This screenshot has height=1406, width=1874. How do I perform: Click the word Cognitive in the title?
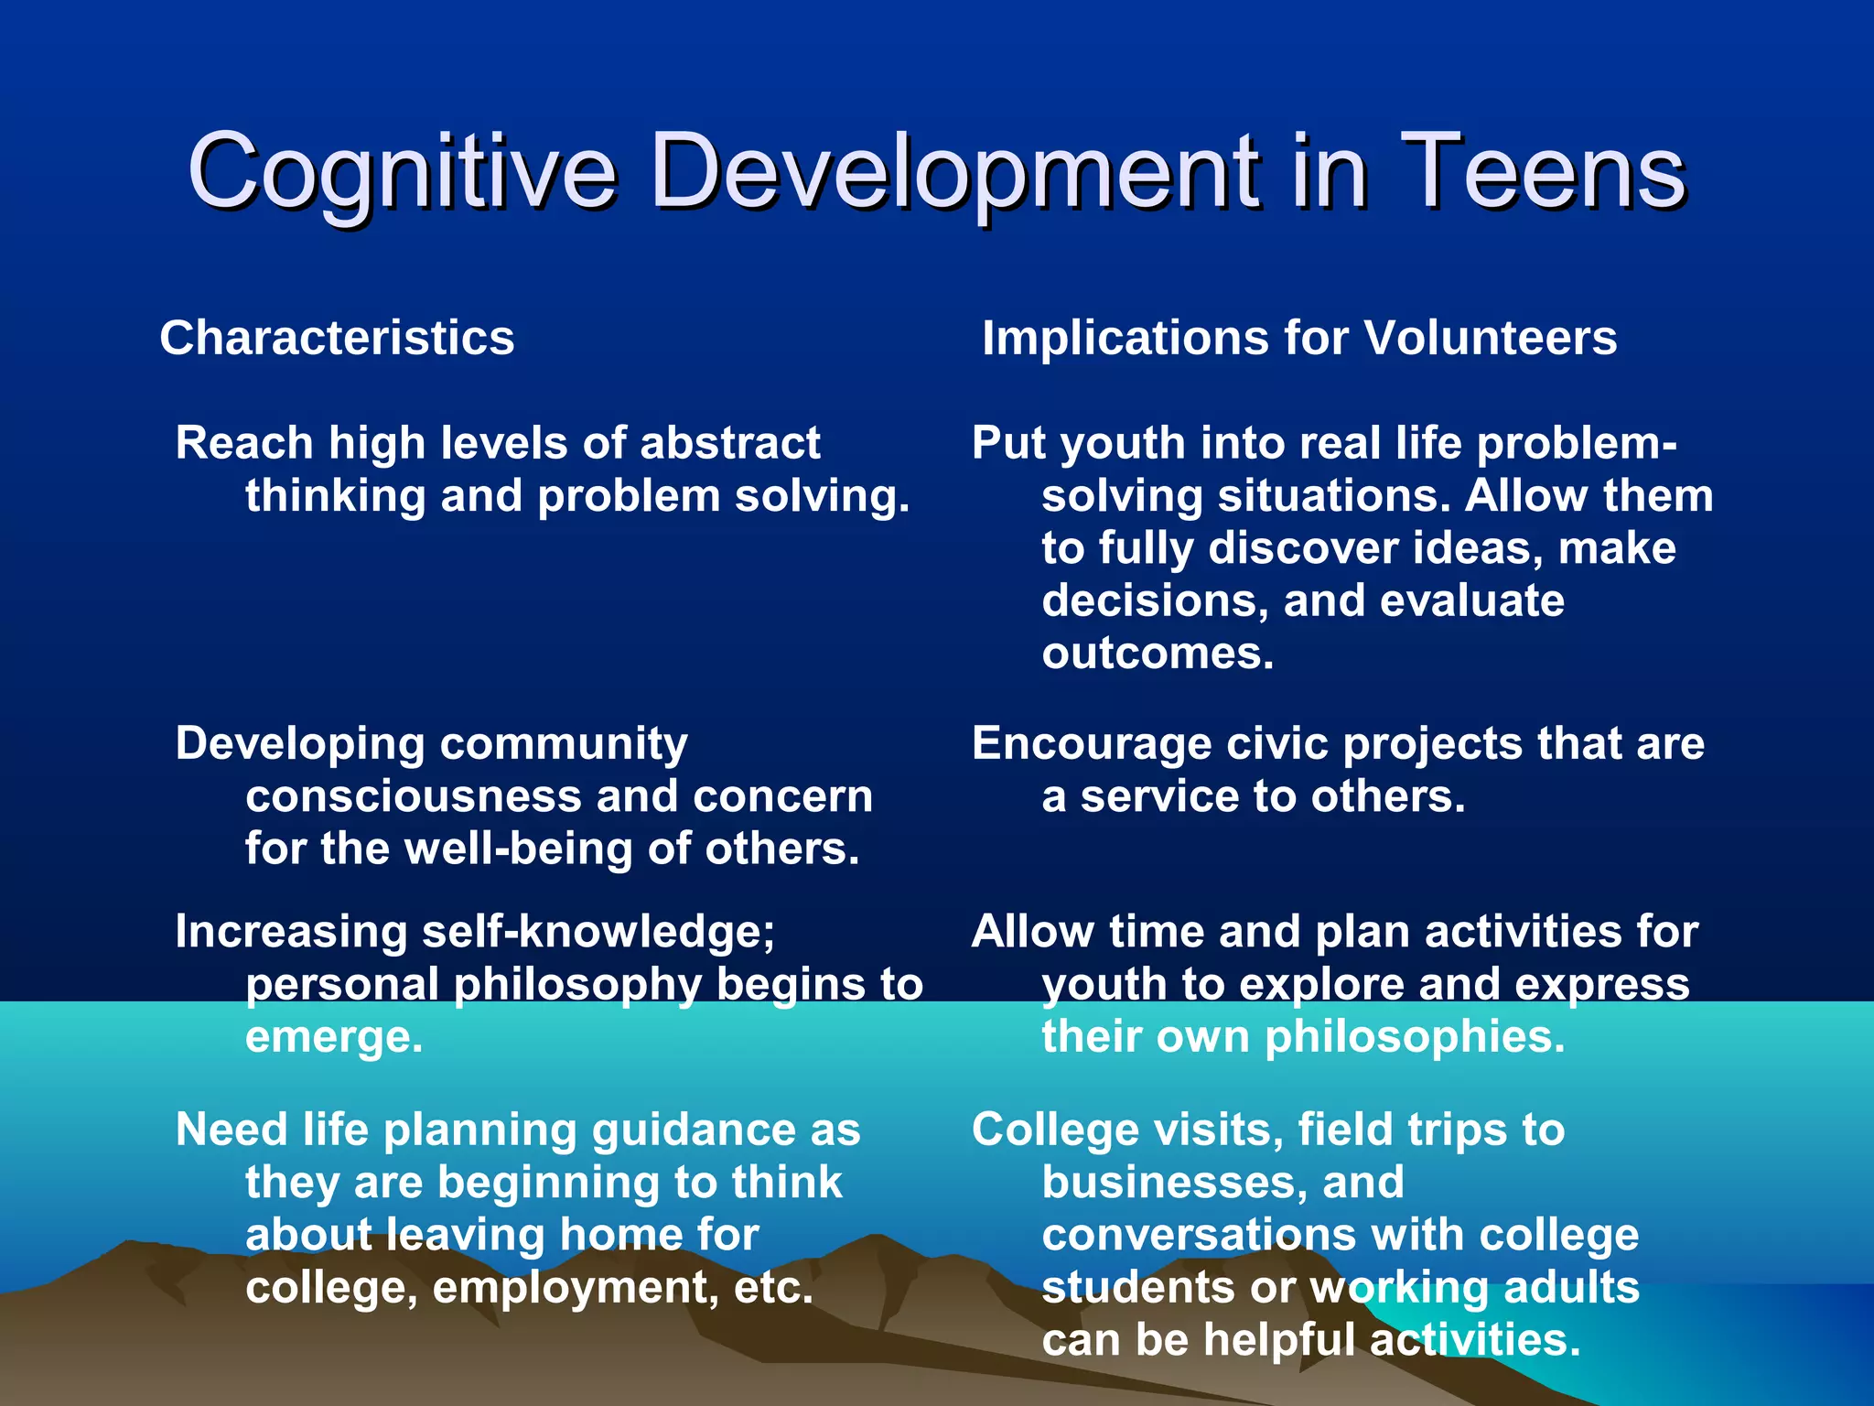403,172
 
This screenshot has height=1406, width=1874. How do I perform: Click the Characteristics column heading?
337,338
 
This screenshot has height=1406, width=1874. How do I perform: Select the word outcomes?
1157,654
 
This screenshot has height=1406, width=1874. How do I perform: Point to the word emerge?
334,1037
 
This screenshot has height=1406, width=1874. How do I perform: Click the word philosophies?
1415,1037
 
